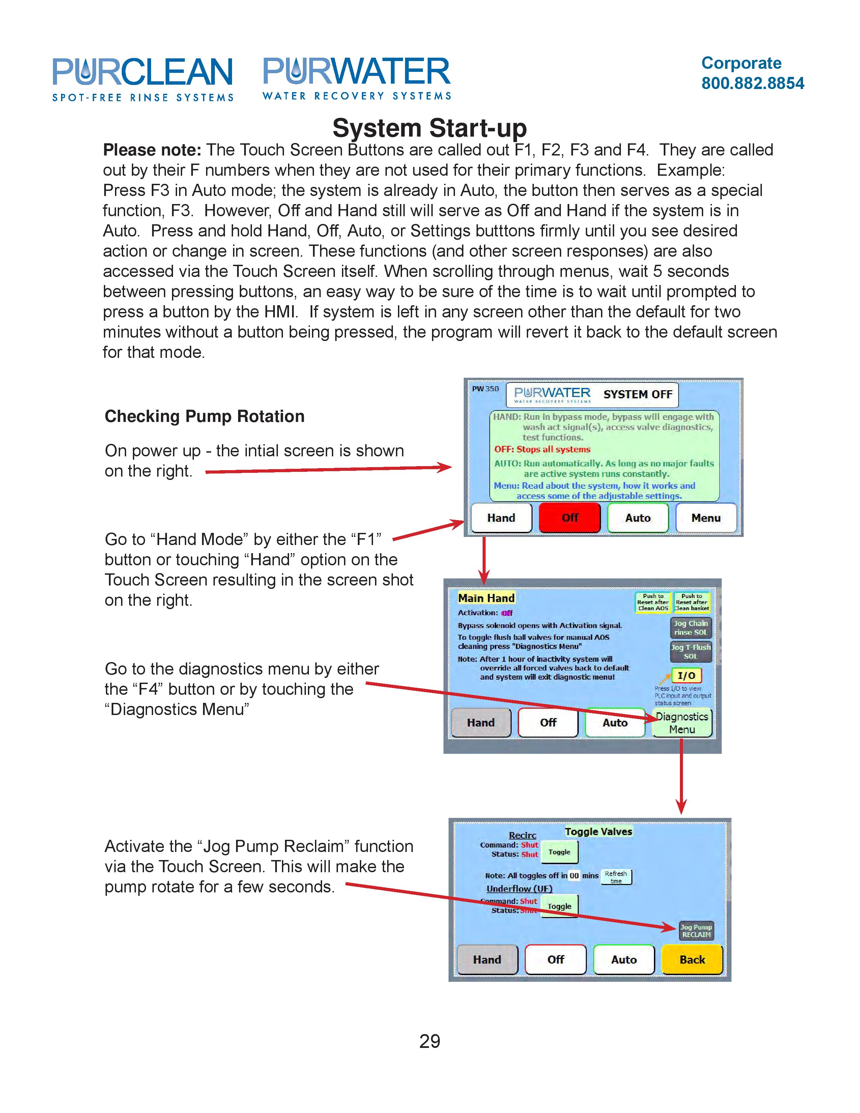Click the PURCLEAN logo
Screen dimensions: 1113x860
[143, 79]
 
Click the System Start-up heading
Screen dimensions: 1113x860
[429, 128]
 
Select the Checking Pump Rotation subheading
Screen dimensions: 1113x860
[204, 416]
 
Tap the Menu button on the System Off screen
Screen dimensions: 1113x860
[706, 518]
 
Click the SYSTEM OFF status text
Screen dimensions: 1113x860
[638, 394]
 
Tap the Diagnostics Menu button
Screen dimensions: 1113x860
[682, 723]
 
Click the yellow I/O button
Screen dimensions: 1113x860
[686, 675]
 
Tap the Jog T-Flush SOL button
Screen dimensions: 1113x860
[690, 651]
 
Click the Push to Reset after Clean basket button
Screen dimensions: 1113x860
[691, 602]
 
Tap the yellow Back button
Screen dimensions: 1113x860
[692, 960]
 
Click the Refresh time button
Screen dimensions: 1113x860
[616, 877]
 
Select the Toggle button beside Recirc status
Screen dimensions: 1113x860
[559, 852]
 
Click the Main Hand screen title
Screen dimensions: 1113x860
[486, 598]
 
